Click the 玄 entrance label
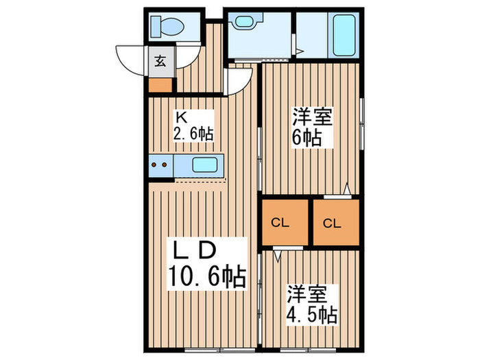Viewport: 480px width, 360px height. coord(160,61)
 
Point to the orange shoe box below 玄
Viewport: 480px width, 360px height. coord(159,86)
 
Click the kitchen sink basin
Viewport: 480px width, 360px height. coord(204,165)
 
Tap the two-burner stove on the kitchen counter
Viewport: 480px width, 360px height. coord(160,165)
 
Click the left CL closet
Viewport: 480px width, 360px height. coord(279,223)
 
